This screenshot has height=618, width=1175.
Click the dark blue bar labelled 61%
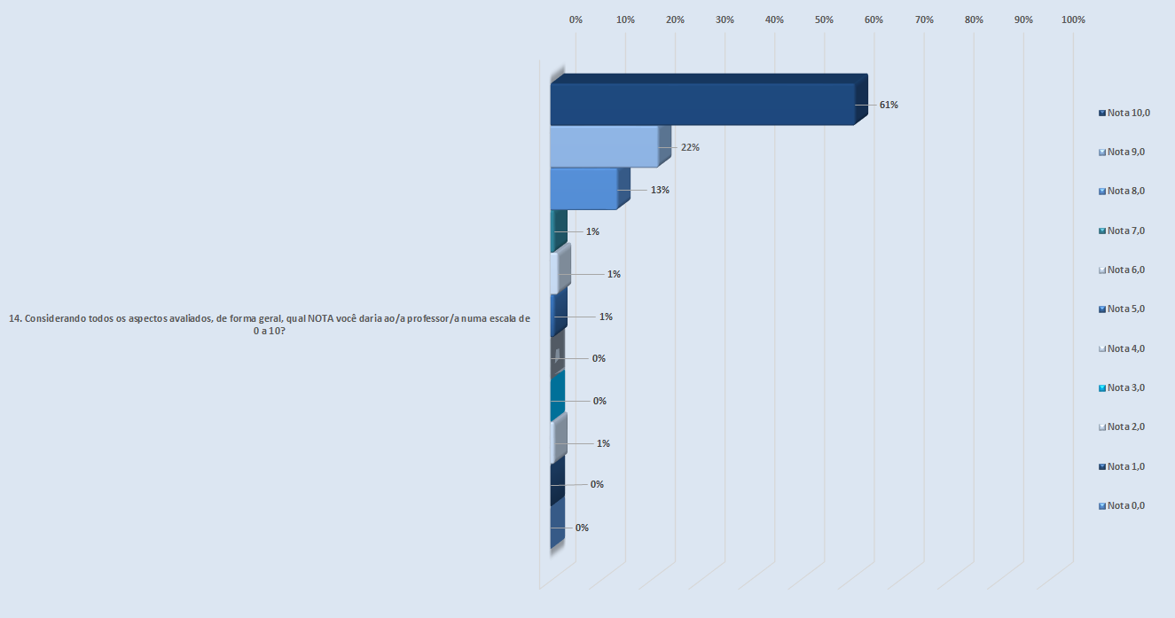click(701, 104)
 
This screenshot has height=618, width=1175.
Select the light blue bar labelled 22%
click(604, 146)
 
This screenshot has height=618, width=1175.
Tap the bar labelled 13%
click(583, 189)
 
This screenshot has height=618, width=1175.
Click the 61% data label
click(889, 105)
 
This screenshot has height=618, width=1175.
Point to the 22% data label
click(690, 147)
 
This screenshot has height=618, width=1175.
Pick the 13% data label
click(659, 190)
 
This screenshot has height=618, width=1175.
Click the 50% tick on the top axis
click(824, 20)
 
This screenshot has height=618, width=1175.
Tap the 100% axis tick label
click(1073, 20)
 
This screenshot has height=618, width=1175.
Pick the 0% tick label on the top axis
click(576, 20)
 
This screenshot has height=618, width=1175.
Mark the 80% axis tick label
click(974, 20)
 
